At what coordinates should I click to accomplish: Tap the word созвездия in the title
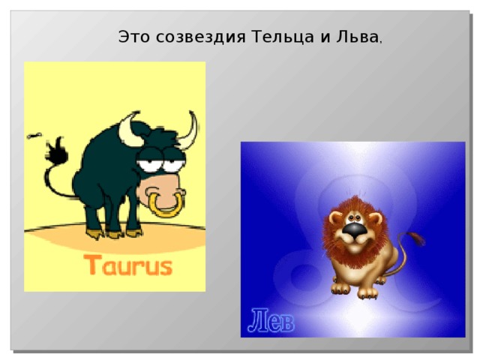[x=202, y=37]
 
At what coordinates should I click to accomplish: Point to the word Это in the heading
[x=135, y=37]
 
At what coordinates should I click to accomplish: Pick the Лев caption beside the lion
[x=271, y=320]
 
